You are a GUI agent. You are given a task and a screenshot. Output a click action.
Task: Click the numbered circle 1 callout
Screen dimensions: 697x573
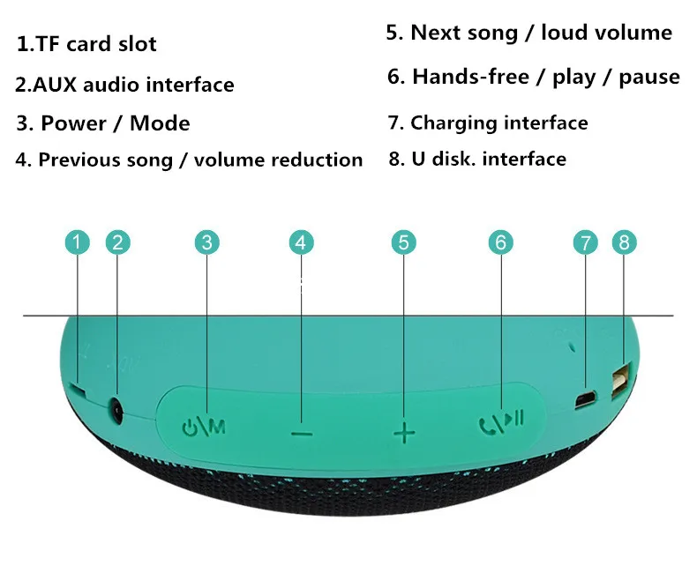pos(78,242)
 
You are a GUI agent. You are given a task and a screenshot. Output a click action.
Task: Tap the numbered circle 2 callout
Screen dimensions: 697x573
pos(118,242)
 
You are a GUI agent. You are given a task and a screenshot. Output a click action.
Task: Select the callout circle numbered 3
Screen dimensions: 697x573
pos(207,242)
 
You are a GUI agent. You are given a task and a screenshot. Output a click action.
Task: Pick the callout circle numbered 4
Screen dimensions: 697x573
pos(302,242)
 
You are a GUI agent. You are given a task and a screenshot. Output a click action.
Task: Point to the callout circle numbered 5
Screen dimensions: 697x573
pos(403,242)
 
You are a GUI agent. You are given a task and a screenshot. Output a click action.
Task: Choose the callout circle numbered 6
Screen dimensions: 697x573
pos(501,242)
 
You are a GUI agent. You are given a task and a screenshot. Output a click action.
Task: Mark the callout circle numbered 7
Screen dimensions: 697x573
pos(586,242)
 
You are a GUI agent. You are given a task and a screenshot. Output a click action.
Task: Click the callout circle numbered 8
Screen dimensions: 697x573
pos(624,242)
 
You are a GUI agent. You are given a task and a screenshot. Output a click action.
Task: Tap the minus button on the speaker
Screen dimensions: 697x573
pos(303,433)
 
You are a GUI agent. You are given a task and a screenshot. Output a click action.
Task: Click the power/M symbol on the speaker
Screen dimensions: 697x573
pos(204,428)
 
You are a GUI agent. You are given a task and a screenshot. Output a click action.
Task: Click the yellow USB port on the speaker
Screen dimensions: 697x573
pos(621,379)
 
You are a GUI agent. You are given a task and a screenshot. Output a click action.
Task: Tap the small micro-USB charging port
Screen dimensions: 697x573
pos(586,399)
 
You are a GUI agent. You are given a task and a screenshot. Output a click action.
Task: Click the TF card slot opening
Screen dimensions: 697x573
pos(79,389)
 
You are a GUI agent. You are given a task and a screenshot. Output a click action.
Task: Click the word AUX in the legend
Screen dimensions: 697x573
pos(55,85)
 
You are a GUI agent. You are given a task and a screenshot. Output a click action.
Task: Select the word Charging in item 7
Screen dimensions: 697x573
pos(453,123)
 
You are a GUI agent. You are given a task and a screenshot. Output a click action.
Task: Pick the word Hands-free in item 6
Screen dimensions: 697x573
pos(471,77)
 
